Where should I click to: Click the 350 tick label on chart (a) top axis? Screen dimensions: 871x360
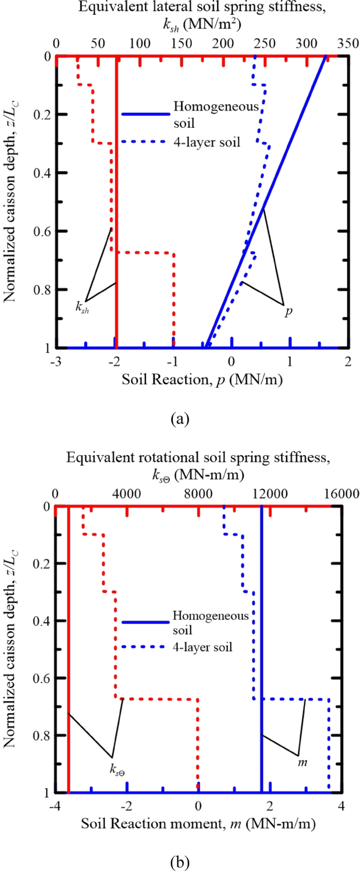[348, 44]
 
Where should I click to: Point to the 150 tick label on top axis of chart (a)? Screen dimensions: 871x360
[182, 44]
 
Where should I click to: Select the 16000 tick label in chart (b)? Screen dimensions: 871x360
[342, 494]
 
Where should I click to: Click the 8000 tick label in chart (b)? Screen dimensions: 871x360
[198, 494]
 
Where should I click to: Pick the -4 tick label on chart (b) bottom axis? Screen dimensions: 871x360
[55, 806]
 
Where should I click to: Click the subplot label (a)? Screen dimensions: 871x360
[180, 419]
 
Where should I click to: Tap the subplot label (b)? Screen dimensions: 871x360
[180, 862]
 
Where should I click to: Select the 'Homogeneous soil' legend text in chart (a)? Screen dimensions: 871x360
[215, 115]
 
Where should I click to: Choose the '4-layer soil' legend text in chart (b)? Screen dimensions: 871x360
[202, 647]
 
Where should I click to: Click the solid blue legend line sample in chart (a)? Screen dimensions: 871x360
[145, 114]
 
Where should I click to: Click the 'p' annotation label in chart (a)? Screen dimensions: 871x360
[289, 311]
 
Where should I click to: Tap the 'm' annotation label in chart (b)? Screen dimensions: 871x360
[303, 762]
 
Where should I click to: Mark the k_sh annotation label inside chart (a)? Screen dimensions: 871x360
[83, 308]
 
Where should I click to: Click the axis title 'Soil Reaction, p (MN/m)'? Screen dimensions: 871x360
[202, 380]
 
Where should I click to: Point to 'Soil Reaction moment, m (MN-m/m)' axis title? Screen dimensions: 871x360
[198, 824]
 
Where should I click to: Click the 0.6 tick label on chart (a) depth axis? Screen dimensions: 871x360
[42, 231]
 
